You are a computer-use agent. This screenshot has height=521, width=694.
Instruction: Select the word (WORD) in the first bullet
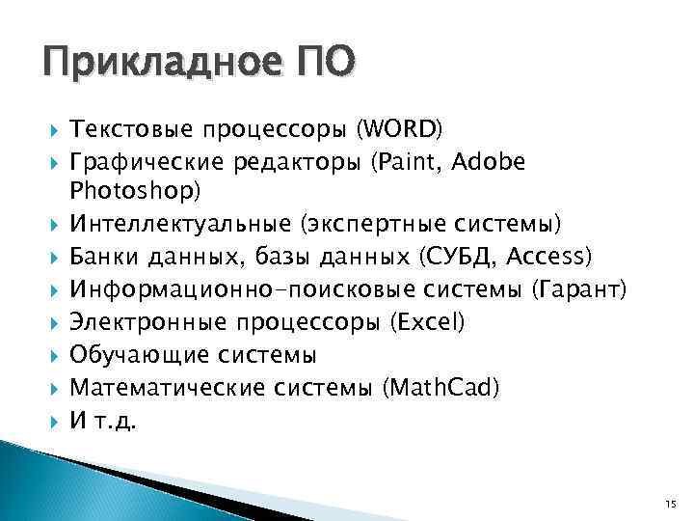[399, 129]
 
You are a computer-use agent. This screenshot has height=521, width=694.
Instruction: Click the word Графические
[145, 162]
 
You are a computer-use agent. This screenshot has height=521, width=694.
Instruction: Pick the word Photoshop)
[136, 192]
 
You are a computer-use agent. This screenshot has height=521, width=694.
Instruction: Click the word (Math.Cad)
[441, 388]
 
